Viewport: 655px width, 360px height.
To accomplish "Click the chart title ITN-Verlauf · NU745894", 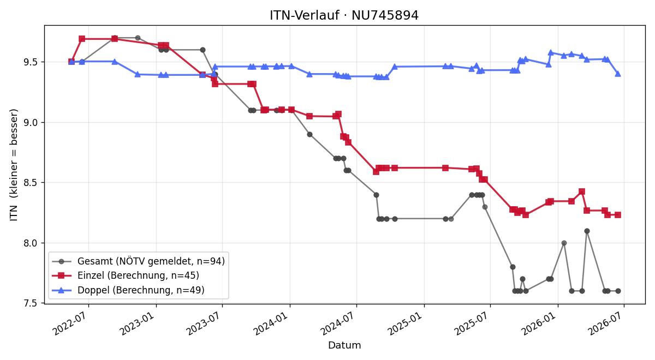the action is pos(344,15).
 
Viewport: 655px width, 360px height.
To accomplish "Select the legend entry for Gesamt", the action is pos(138,261).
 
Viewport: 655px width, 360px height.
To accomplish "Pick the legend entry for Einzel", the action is pos(126,275).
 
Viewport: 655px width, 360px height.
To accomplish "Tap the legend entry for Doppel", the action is pos(128,290).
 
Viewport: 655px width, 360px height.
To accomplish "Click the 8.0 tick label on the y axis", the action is pos(31,243).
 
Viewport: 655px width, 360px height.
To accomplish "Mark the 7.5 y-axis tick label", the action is pos(31,303).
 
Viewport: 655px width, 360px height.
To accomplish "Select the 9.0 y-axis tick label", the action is pos(31,122).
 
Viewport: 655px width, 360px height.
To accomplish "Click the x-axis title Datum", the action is pos(344,345).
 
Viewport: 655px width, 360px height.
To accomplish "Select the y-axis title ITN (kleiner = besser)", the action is pos(14,165).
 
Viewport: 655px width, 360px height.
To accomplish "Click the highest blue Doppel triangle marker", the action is pos(551,52).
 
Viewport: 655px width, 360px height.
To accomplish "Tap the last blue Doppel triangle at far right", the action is pos(618,74).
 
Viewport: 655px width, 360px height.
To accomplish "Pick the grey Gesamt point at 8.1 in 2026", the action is pos(587,231).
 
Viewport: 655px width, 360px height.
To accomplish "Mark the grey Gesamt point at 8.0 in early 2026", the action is pos(564,243).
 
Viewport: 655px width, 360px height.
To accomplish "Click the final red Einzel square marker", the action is pos(618,215).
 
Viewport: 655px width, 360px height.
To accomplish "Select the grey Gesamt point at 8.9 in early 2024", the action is pos(309,134).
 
